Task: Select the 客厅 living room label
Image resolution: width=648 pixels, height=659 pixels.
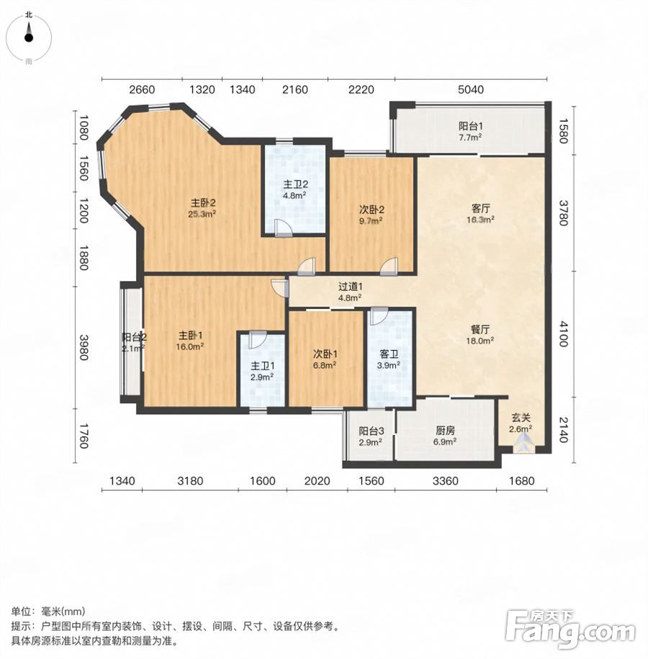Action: (480, 208)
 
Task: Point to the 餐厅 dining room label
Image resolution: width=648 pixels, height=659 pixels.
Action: (480, 330)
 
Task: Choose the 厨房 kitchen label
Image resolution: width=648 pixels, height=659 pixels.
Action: (445, 431)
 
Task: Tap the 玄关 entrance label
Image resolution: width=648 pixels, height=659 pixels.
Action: (521, 418)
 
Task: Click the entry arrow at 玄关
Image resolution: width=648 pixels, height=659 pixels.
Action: (523, 444)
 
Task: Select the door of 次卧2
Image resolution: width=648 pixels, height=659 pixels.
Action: (389, 266)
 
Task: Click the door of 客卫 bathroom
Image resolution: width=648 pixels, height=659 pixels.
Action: (379, 316)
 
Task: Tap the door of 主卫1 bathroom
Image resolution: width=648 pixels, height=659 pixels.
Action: (257, 340)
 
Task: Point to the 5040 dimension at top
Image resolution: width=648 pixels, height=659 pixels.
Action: (471, 89)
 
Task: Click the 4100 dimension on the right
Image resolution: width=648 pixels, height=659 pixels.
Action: (563, 333)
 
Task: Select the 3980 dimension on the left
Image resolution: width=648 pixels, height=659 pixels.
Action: (84, 347)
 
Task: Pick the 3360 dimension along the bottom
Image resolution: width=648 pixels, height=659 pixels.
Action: (446, 480)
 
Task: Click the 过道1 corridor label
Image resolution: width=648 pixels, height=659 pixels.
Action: (351, 287)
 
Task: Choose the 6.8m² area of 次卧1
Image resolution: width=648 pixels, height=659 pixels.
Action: (325, 365)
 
